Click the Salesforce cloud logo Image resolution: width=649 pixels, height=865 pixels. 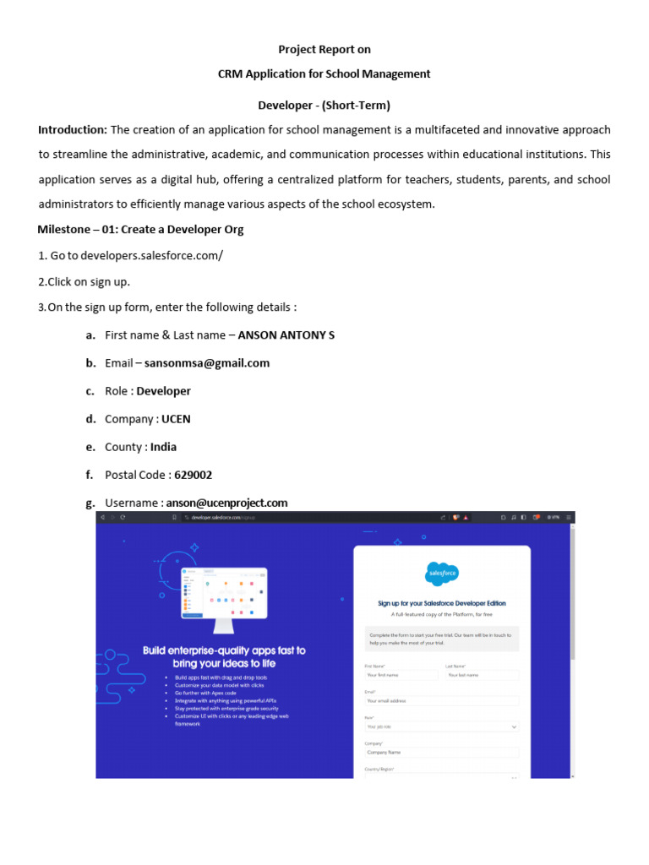point(441,574)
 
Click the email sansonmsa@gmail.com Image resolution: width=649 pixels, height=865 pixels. point(207,363)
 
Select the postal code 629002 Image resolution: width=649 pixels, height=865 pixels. point(193,475)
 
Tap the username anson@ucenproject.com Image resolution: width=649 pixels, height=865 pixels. point(226,503)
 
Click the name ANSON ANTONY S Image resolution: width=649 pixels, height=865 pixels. point(286,335)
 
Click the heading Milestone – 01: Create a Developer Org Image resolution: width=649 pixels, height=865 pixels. point(140,230)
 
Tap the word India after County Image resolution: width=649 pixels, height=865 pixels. point(163,447)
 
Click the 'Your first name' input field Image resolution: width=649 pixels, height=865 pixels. point(401,675)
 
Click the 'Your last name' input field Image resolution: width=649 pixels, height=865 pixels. point(482,675)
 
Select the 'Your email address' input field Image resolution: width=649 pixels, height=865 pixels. point(441,700)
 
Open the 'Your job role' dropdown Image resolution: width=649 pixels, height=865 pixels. point(441,726)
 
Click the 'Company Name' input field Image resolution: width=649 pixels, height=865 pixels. point(441,752)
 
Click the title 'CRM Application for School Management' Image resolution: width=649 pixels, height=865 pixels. point(324,74)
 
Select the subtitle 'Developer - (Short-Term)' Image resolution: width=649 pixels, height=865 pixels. point(324,106)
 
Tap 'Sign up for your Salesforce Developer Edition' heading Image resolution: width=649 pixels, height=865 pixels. point(441,603)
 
